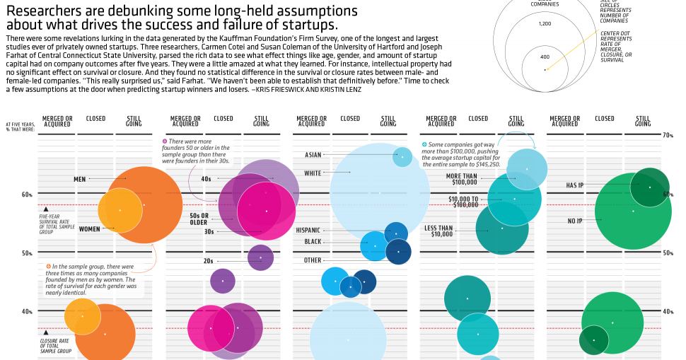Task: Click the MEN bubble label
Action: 80,179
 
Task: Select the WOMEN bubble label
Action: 89,228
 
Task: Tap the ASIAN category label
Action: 313,155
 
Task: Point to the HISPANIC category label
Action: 308,230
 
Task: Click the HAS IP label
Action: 574,185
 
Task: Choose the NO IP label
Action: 576,221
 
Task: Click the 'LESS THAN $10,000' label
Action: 438,231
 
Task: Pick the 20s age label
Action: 209,261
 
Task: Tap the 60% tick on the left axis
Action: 27,195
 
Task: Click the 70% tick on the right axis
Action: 667,134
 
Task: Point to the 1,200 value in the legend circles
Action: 545,24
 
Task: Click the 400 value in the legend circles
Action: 545,57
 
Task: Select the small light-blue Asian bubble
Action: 402,156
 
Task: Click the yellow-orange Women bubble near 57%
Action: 120,210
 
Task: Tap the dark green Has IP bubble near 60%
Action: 649,187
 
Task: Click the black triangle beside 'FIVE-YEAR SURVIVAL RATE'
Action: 46,209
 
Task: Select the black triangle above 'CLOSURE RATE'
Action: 46,331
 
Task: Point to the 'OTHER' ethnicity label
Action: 313,260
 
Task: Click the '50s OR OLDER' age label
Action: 199,219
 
